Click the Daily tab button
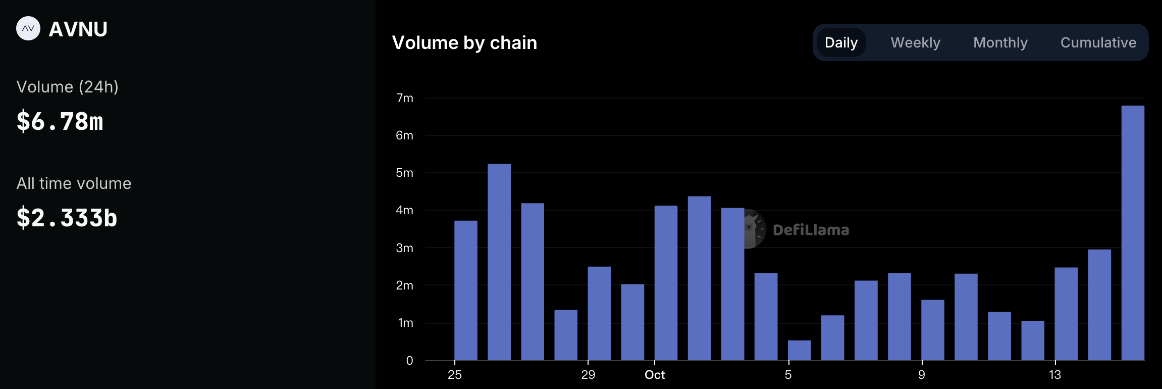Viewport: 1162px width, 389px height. click(841, 42)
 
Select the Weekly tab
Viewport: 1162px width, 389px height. click(915, 42)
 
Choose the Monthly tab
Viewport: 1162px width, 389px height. click(1000, 42)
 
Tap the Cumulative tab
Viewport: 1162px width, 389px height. click(1098, 42)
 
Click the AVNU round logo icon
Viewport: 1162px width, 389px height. click(28, 29)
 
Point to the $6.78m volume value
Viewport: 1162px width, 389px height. click(60, 122)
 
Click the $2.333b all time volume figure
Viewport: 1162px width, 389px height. click(67, 218)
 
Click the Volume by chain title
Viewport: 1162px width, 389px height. click(464, 43)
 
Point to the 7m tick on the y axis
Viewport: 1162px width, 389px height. click(404, 98)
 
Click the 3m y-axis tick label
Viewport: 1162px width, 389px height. click(404, 248)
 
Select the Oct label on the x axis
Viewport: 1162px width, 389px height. click(655, 375)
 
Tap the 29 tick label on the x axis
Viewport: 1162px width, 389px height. click(588, 375)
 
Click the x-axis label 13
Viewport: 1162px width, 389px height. click(1055, 375)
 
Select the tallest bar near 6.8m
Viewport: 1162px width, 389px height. click(1133, 232)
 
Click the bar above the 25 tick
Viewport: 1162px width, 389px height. click(465, 290)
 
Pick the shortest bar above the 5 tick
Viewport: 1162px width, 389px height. click(799, 351)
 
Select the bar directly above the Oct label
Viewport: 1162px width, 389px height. click(666, 283)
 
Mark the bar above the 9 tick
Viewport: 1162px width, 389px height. click(932, 330)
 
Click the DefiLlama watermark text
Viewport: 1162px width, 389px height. click(811, 230)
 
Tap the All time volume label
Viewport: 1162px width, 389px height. click(74, 183)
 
